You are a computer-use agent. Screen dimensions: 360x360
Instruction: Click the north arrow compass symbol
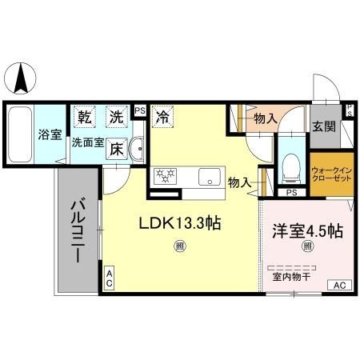coord(23,78)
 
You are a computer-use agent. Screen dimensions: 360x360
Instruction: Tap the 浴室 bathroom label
coord(50,134)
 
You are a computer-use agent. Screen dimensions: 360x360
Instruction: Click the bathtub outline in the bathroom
coord(22,134)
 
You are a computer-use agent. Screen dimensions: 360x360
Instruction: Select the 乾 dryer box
coord(83,117)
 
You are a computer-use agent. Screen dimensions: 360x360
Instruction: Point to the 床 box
coord(117,149)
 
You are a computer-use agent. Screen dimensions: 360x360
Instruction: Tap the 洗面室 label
coord(88,144)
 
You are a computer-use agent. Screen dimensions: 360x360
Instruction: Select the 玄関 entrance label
coord(324,127)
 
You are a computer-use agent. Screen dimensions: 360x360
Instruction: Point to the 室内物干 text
coord(291,277)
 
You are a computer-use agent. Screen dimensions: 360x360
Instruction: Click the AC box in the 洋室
coord(338,285)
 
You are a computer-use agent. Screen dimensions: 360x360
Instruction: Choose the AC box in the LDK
coord(110,277)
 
